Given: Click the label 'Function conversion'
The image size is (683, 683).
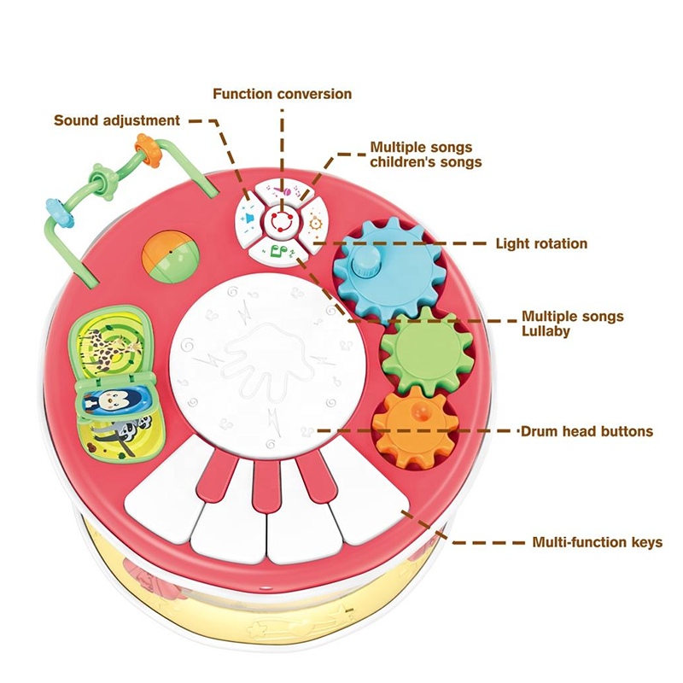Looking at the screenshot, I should click(x=282, y=94).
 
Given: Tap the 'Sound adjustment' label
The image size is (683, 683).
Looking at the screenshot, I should click(x=117, y=120).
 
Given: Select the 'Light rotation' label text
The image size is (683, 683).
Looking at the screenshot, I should click(x=541, y=244).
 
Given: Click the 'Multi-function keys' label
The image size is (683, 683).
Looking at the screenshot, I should click(x=597, y=542).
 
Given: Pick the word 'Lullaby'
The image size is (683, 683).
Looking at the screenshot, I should click(x=547, y=330).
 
